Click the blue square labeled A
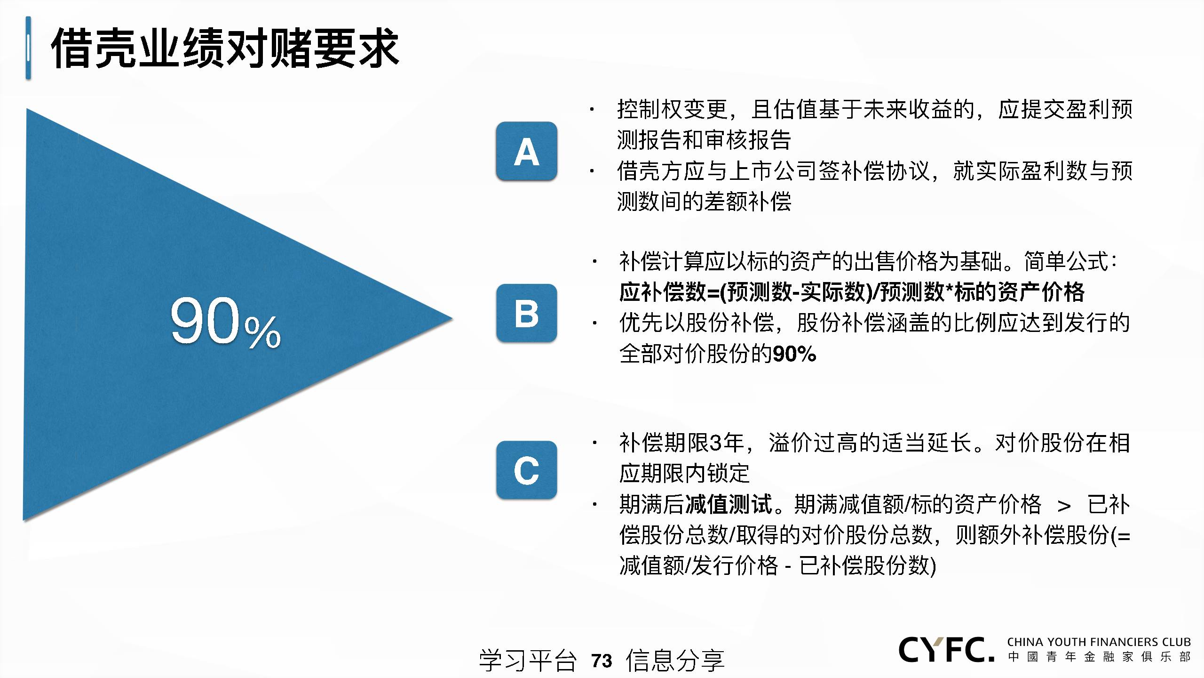click(526, 151)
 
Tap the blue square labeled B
click(526, 313)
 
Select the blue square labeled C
click(526, 470)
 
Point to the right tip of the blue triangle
click(452, 319)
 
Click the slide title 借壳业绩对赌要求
click(225, 48)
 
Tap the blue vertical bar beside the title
click(28, 48)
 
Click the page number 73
click(602, 661)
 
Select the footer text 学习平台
click(528, 661)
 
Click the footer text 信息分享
click(675, 661)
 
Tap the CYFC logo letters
click(947, 650)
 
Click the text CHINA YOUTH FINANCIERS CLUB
click(1099, 642)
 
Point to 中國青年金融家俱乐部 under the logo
click(1099, 657)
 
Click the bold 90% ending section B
click(794, 354)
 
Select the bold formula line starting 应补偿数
click(852, 292)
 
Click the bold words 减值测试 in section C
click(729, 504)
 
